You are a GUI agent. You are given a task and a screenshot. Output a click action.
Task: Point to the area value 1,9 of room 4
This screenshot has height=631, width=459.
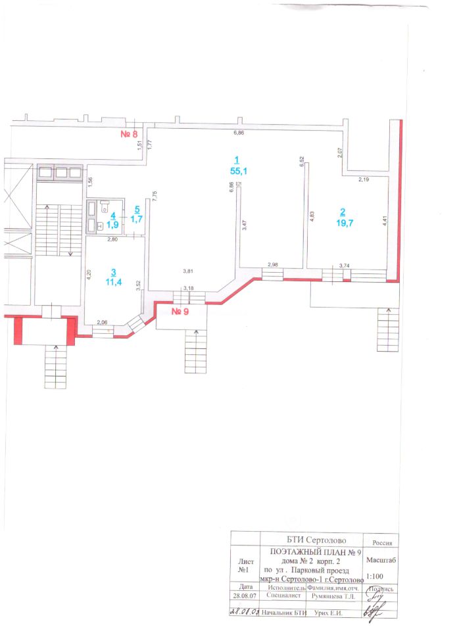click(x=113, y=224)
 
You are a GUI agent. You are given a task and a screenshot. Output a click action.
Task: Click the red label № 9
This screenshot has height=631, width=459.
click(x=180, y=312)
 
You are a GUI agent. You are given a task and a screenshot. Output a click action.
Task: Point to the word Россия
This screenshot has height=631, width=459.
click(x=382, y=544)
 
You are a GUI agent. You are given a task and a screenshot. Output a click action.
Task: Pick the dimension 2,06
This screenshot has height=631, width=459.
click(x=102, y=322)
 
